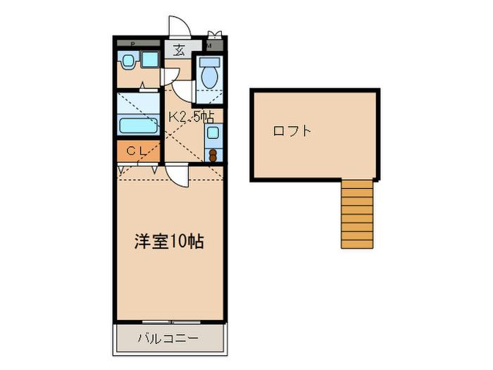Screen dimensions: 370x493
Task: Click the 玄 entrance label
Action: (x=179, y=50)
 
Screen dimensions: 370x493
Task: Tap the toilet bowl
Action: (x=208, y=75)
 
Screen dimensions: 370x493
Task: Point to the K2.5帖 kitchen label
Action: (x=190, y=116)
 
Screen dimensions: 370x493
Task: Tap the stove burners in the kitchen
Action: (x=212, y=153)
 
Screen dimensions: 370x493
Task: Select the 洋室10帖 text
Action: (x=169, y=242)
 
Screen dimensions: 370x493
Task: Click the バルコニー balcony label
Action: (x=168, y=339)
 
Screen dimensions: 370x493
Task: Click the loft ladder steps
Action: (x=356, y=214)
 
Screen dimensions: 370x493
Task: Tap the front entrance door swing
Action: (x=180, y=25)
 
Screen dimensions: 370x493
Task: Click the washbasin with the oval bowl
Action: (x=127, y=61)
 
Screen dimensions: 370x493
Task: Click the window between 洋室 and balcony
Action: (x=170, y=323)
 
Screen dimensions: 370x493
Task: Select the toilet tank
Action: (x=208, y=61)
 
